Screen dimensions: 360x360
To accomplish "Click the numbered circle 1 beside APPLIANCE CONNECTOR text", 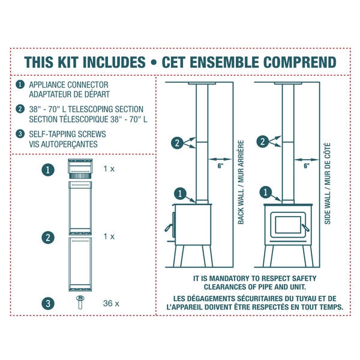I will coord(21,85).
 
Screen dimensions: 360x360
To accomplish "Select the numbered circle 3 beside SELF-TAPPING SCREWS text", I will coord(21,134).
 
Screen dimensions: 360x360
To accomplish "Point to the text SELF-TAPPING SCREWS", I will coord(64,134).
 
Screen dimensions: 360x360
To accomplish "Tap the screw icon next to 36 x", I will coord(79,302).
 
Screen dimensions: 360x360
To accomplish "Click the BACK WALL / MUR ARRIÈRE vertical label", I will coord(241,182).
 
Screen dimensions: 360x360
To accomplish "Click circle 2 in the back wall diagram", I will coord(176,142).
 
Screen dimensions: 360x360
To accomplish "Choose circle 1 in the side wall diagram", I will coord(265,193).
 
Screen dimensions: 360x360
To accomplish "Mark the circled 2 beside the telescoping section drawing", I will coord(49,237).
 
